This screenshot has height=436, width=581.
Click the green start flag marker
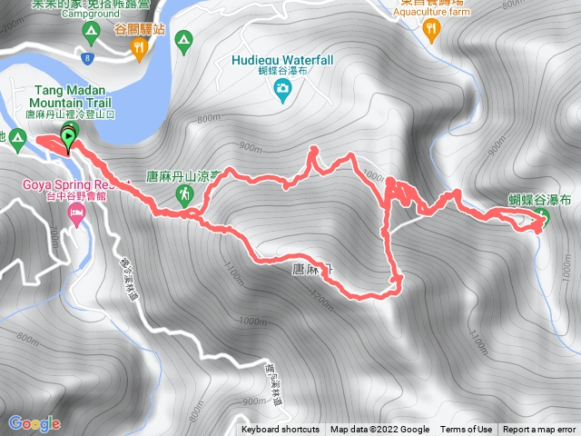pyautogui.click(x=68, y=138)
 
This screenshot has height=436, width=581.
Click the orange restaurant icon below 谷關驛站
pyautogui.click(x=139, y=51)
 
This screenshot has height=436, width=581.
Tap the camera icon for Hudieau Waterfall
pyautogui.click(x=282, y=88)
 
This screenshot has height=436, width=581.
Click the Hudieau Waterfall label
pyautogui.click(x=282, y=60)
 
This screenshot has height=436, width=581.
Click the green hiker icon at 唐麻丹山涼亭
pyautogui.click(x=185, y=193)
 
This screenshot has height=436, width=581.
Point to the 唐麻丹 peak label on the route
pyautogui.click(x=312, y=269)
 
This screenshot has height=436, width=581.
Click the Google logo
pyautogui.click(x=34, y=423)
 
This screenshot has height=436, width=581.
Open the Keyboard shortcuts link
pyautogui.click(x=281, y=430)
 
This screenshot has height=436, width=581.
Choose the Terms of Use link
pyautogui.click(x=467, y=430)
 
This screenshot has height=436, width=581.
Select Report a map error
pyautogui.click(x=539, y=430)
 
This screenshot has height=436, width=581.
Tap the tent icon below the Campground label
pyautogui.click(x=90, y=34)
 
